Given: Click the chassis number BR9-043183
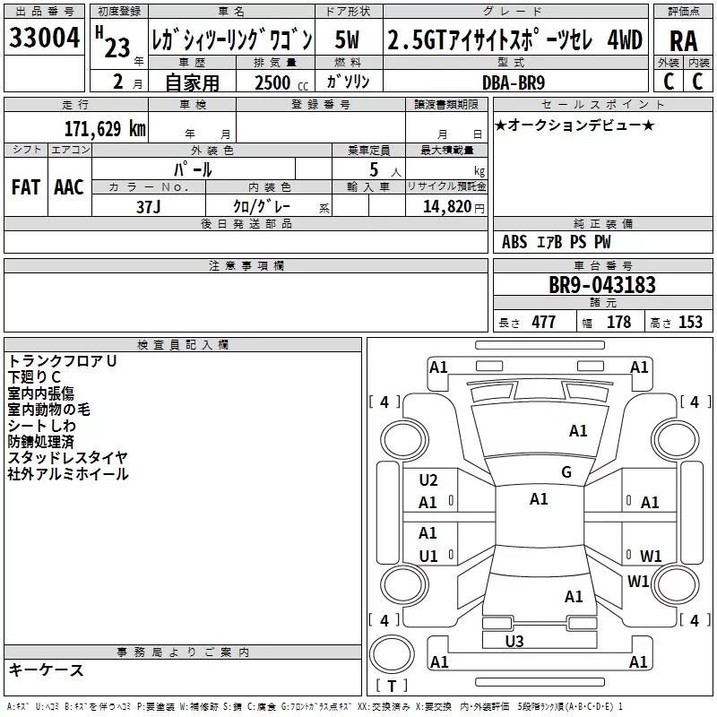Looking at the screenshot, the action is coord(602,285).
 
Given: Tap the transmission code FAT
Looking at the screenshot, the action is coord(26,187).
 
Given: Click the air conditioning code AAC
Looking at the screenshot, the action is coord(69,187).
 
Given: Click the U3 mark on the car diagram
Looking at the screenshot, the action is coord(514,641).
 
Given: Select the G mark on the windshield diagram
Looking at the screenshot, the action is coord(566,472).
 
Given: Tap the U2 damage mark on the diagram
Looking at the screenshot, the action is coord(428,480).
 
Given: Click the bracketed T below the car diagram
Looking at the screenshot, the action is coord(391,687).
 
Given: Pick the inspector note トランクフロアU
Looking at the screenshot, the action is coord(63,360).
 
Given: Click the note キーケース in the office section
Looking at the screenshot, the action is coord(46,670).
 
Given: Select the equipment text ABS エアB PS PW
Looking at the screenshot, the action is coord(557,242).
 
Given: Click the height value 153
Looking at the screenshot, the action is coord(690,323).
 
